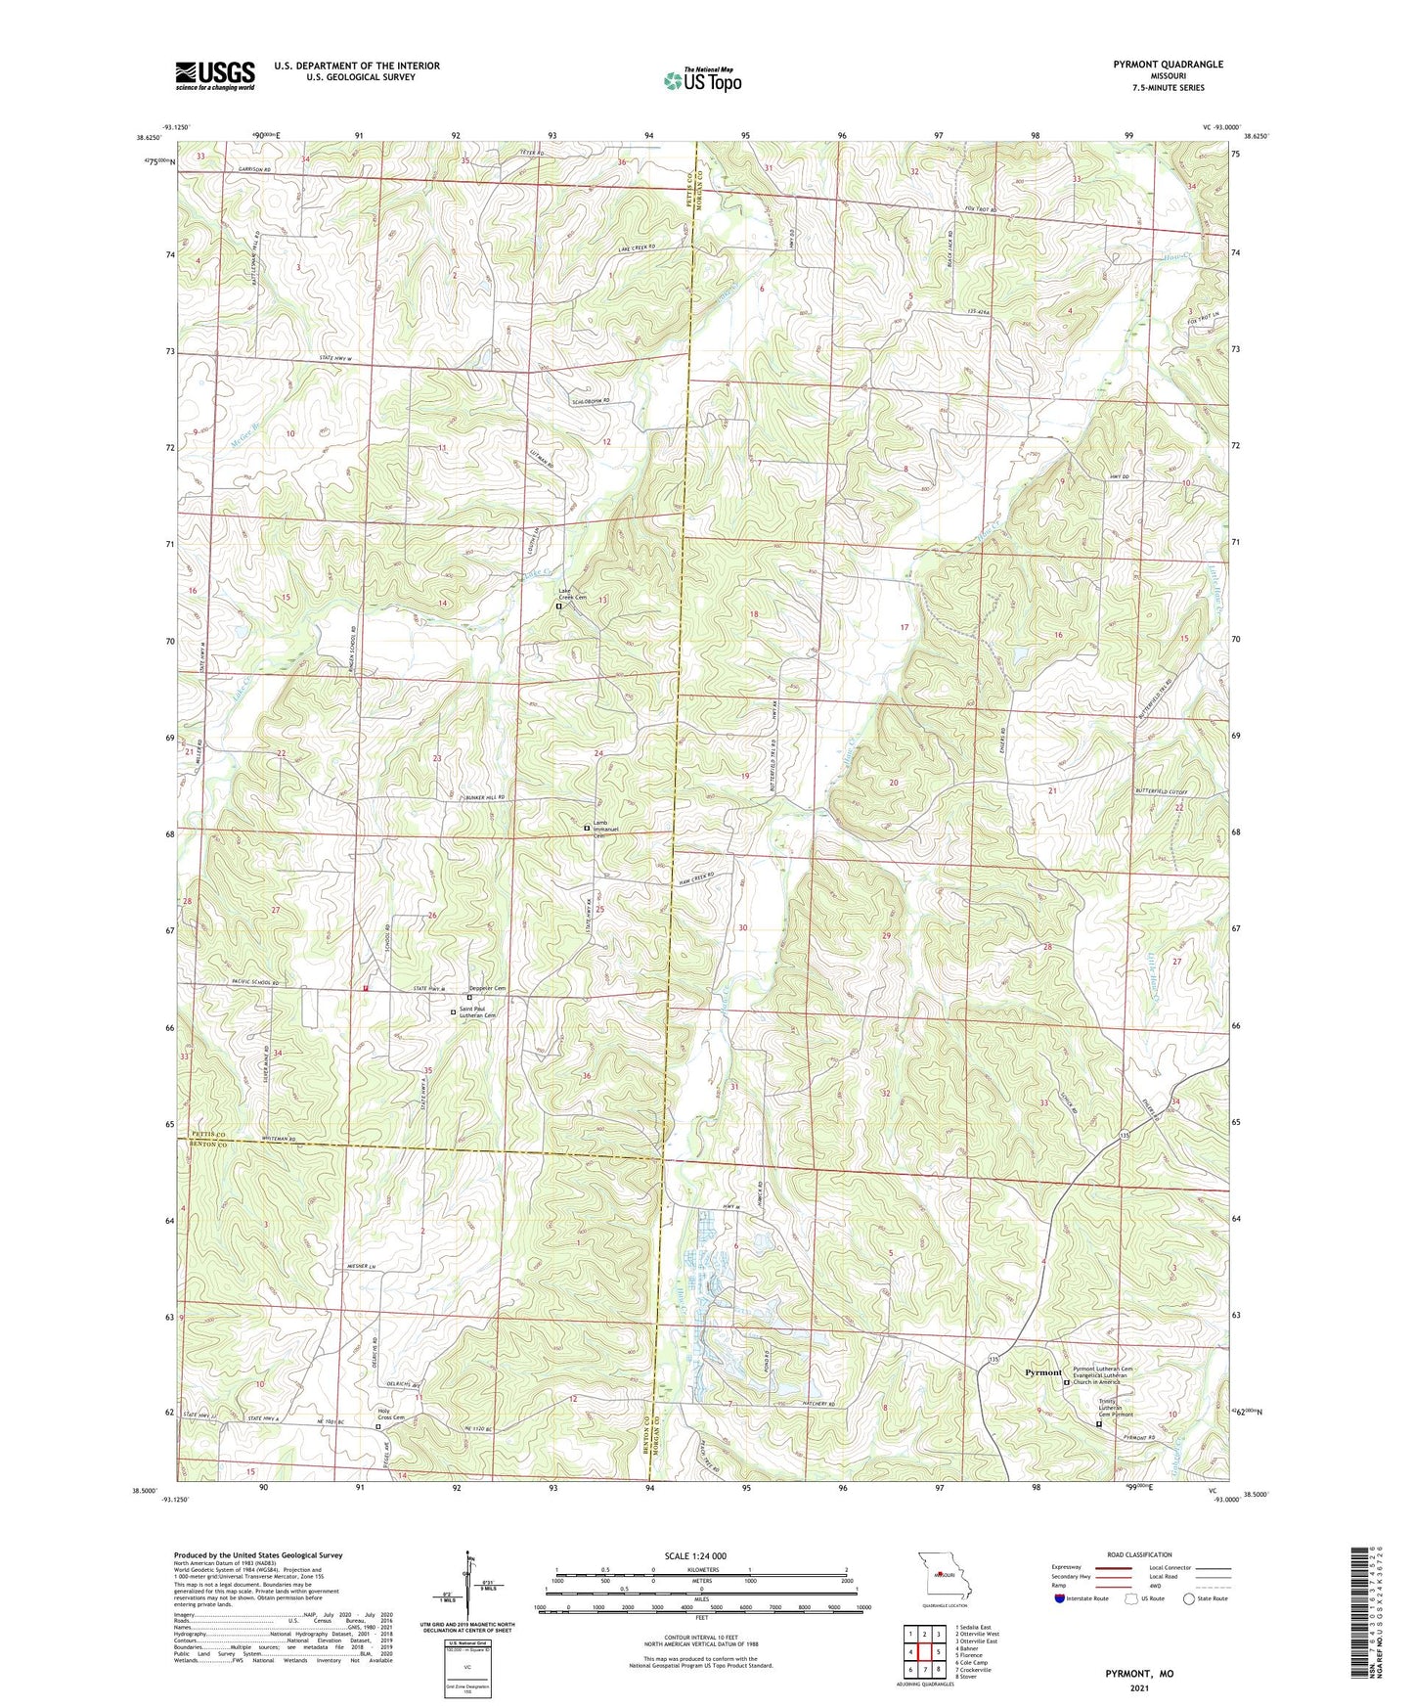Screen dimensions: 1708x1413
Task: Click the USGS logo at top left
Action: click(215, 75)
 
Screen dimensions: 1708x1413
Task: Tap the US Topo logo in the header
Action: click(702, 80)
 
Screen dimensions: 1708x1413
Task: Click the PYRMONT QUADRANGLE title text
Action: click(1168, 65)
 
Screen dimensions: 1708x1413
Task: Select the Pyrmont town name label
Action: click(1042, 1372)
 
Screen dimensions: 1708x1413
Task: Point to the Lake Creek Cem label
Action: click(572, 594)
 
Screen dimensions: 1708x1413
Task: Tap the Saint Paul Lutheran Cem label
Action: click(479, 1012)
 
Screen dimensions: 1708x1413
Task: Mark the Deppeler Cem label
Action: click(487, 988)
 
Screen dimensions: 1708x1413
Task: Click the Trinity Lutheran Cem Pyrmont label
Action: click(1115, 1410)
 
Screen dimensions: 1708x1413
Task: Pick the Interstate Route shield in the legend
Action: click(1061, 1598)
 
